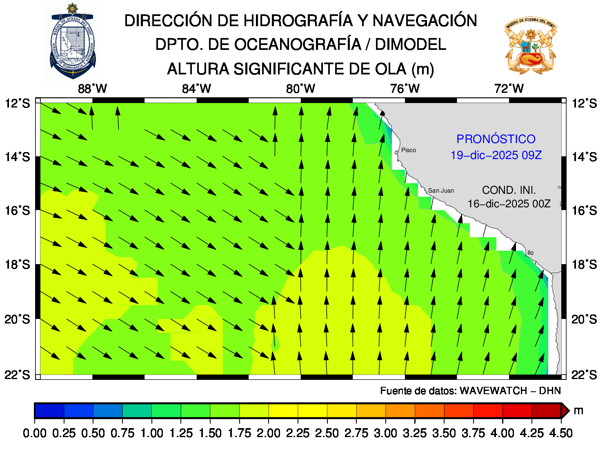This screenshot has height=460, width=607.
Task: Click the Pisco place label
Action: tap(408, 150)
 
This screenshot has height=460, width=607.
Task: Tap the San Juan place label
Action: tap(441, 191)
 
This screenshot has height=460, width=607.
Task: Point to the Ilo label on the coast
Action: tap(530, 253)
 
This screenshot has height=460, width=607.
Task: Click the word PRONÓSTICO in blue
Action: tap(496, 139)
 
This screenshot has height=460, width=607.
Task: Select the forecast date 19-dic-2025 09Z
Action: tap(496, 155)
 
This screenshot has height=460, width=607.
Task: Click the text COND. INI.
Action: tap(509, 190)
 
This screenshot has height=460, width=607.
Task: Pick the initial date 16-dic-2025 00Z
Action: tap(509, 204)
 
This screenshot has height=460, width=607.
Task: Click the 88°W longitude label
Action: tap(92, 88)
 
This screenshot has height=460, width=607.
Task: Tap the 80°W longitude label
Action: tap(300, 88)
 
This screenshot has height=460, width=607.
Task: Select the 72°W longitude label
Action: tap(509, 88)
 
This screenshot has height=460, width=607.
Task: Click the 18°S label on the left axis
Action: tap(17, 265)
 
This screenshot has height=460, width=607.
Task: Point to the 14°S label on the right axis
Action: tap(584, 157)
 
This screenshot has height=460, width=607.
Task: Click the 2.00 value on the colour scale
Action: tap(269, 433)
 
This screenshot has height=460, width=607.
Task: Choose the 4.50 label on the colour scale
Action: tap(561, 433)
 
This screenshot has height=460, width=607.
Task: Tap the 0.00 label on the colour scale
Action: tap(35, 433)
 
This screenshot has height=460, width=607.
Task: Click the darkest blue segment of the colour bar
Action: tap(49, 410)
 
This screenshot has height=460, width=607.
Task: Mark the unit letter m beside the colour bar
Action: tap(578, 411)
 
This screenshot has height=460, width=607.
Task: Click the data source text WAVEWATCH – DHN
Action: tap(470, 391)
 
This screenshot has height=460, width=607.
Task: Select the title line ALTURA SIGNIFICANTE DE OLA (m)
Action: tap(300, 69)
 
